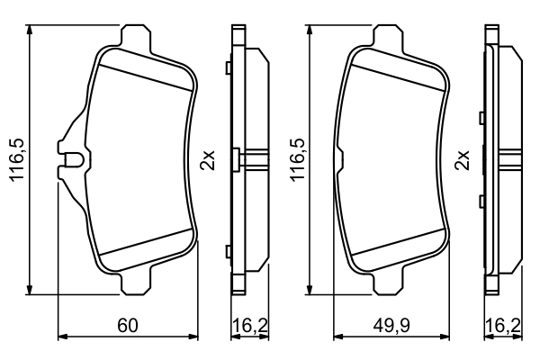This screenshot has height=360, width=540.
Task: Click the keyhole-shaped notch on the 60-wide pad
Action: (72, 162)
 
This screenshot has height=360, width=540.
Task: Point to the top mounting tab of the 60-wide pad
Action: (135, 37)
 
